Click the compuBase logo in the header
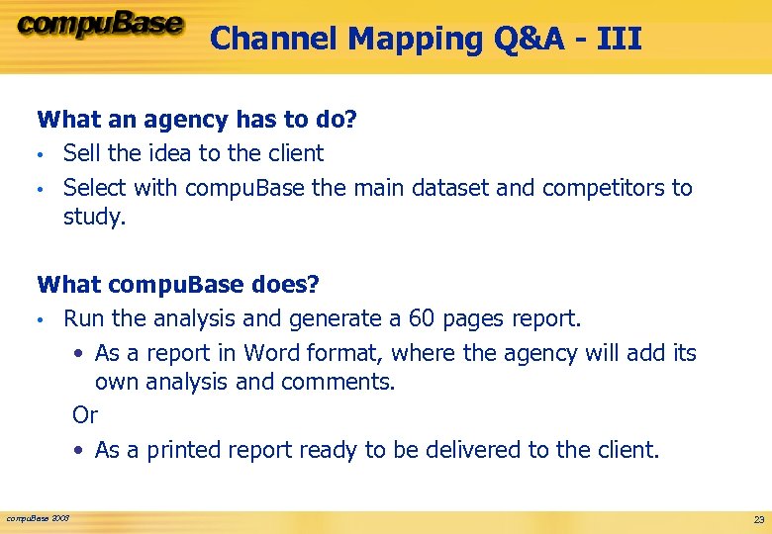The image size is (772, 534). tap(100, 26)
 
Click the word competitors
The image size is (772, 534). tap(602, 187)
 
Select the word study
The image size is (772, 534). tap(94, 217)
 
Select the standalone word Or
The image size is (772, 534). tap(85, 414)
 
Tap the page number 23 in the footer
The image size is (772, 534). tap(758, 519)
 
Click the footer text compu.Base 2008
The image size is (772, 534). tap(38, 517)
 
